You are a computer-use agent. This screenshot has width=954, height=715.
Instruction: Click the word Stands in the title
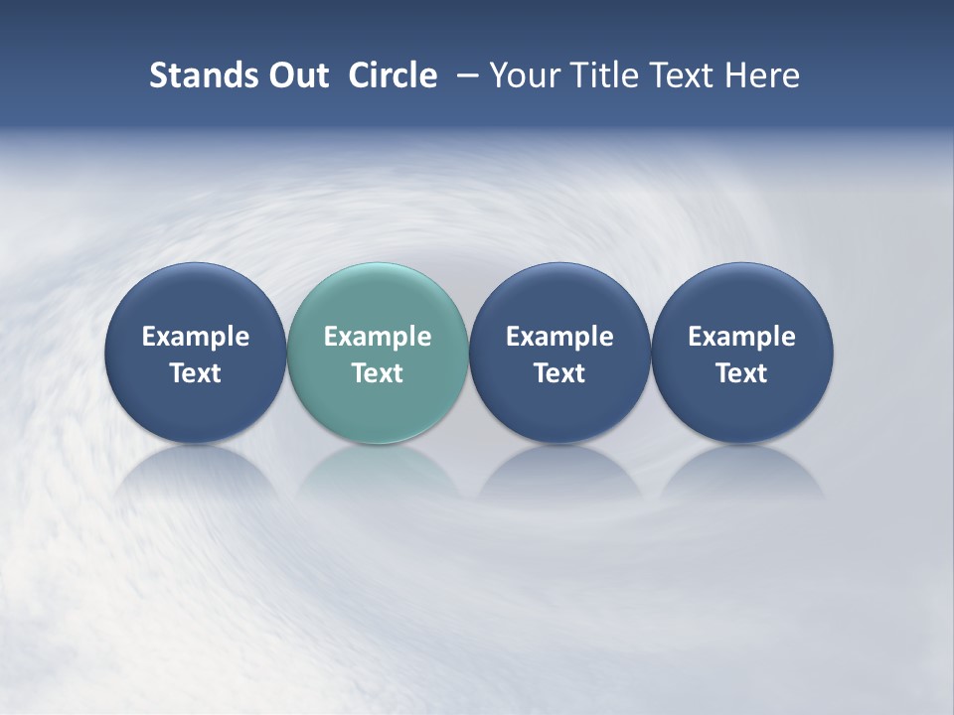tap(196, 75)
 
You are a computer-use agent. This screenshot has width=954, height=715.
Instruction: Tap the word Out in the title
tap(295, 75)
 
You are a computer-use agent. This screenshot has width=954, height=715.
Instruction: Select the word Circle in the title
tap(393, 75)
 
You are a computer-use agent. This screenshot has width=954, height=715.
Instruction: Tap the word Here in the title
tap(762, 75)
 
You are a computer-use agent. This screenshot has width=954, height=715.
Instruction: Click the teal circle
tap(378, 298)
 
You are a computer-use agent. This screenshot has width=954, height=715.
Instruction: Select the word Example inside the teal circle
tap(378, 337)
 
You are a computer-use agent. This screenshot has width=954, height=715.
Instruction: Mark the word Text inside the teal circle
tap(378, 373)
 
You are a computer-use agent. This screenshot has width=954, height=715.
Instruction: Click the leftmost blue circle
tap(196, 298)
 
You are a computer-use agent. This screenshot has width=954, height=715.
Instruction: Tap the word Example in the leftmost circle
tap(196, 337)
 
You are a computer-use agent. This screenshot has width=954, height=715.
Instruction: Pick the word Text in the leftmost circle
tap(196, 373)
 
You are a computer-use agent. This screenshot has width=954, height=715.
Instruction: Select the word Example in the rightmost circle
tap(741, 337)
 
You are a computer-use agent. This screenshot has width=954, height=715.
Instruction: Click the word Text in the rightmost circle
tap(741, 373)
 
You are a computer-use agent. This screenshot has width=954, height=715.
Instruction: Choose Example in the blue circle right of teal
tap(559, 337)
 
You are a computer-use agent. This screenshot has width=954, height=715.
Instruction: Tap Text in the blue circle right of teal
tap(559, 373)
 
